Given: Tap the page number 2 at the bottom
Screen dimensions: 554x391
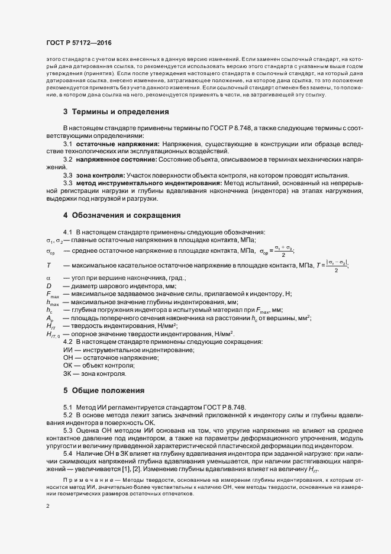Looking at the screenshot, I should tap(48, 506).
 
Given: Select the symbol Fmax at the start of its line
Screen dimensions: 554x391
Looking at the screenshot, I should tap(52, 294).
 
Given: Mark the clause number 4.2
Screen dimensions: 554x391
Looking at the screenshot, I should tap(67, 342).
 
